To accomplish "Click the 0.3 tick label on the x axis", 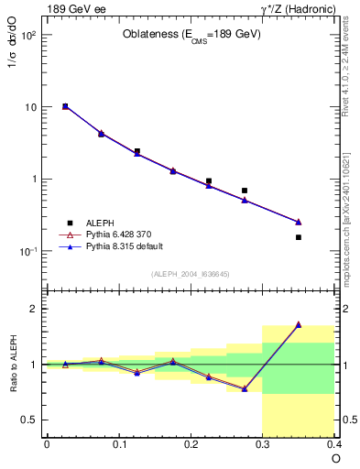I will [264, 444].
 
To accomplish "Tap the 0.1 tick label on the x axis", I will [118, 444].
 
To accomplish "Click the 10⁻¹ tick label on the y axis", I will [27, 251].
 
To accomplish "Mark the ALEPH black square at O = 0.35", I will [299, 237].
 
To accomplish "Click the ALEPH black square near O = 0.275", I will [245, 191].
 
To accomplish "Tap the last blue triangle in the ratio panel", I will [299, 324].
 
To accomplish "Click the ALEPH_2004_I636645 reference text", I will [191, 274].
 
